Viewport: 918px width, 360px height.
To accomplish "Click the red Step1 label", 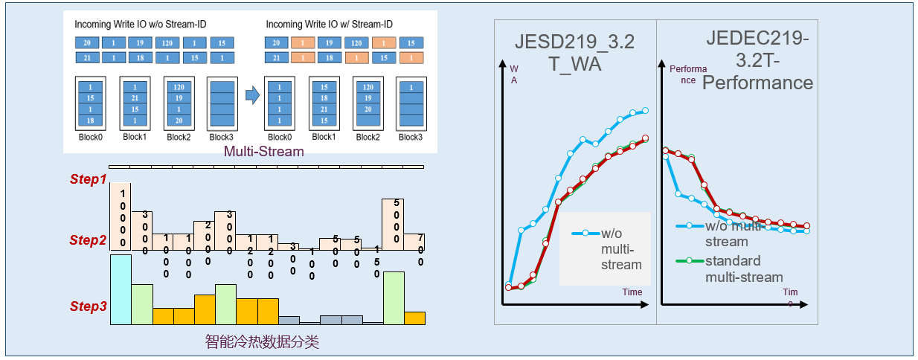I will pyautogui.click(x=89, y=179).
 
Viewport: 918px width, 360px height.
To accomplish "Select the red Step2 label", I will pyautogui.click(x=89, y=240).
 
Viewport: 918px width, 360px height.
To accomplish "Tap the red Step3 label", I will pyautogui.click(x=89, y=306).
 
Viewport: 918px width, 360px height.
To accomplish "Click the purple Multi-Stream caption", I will pyautogui.click(x=264, y=152).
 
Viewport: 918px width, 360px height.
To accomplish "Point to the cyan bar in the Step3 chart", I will pyautogui.click(x=121, y=289).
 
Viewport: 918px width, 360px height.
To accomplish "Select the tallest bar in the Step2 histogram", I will pyautogui.click(x=121, y=216).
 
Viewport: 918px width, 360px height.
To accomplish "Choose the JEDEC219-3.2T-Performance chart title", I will pyautogui.click(x=757, y=61).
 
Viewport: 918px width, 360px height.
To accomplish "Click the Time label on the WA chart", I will pyautogui.click(x=632, y=292).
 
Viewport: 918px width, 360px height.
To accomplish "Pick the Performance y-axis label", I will pyautogui.click(x=683, y=74).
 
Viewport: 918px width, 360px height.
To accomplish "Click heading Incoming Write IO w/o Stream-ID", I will pyautogui.click(x=141, y=25).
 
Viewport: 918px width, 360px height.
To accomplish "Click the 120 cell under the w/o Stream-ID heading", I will pyautogui.click(x=167, y=43).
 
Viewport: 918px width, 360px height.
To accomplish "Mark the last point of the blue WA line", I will pyautogui.click(x=645, y=110).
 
